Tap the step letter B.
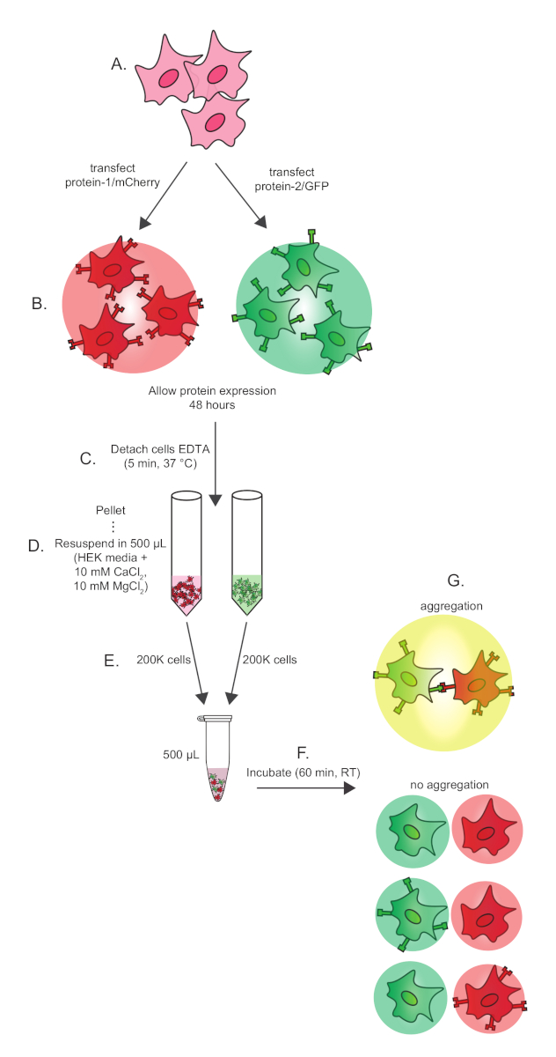click(38, 304)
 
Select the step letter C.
click(86, 458)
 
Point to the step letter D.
click(36, 546)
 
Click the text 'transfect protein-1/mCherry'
click(128, 174)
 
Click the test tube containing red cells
click(187, 550)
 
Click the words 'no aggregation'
click(449, 784)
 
